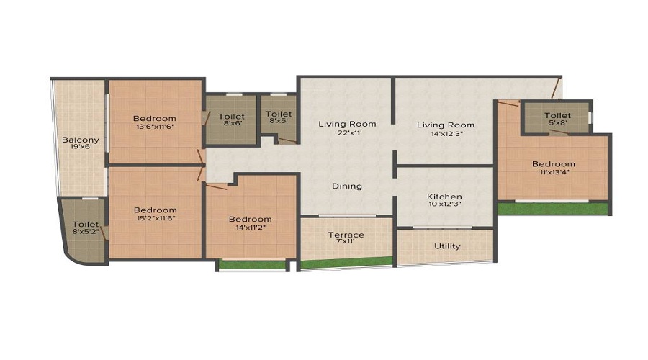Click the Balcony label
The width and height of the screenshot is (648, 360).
coord(81,140)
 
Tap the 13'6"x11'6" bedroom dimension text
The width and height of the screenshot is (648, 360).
coord(155,127)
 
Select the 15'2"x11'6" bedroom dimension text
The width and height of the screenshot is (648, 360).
coord(156,218)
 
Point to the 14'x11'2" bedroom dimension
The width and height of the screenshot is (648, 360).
coord(251,227)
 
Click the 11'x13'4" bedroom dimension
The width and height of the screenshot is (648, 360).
coord(554,172)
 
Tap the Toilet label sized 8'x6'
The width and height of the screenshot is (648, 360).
coord(231,117)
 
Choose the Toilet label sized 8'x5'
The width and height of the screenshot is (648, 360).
coord(279,114)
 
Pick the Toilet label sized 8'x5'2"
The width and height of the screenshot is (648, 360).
coord(86,225)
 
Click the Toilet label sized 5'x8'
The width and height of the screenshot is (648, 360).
coord(557,115)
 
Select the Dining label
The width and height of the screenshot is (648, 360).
coord(347,186)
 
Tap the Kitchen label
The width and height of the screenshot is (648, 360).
coord(445,197)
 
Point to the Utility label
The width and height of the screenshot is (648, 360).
coord(447,246)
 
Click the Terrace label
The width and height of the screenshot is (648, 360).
coord(346,235)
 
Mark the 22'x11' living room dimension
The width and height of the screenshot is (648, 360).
coord(348,133)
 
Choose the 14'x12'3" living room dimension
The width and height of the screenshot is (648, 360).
coord(445,134)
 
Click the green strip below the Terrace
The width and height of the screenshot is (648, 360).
coord(346,263)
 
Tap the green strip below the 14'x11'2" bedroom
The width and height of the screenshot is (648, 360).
coord(252,264)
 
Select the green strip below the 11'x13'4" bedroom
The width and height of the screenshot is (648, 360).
coord(553,208)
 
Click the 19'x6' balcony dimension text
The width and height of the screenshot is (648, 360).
coord(81,147)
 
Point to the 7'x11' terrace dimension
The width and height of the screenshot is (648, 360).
coord(346,241)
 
